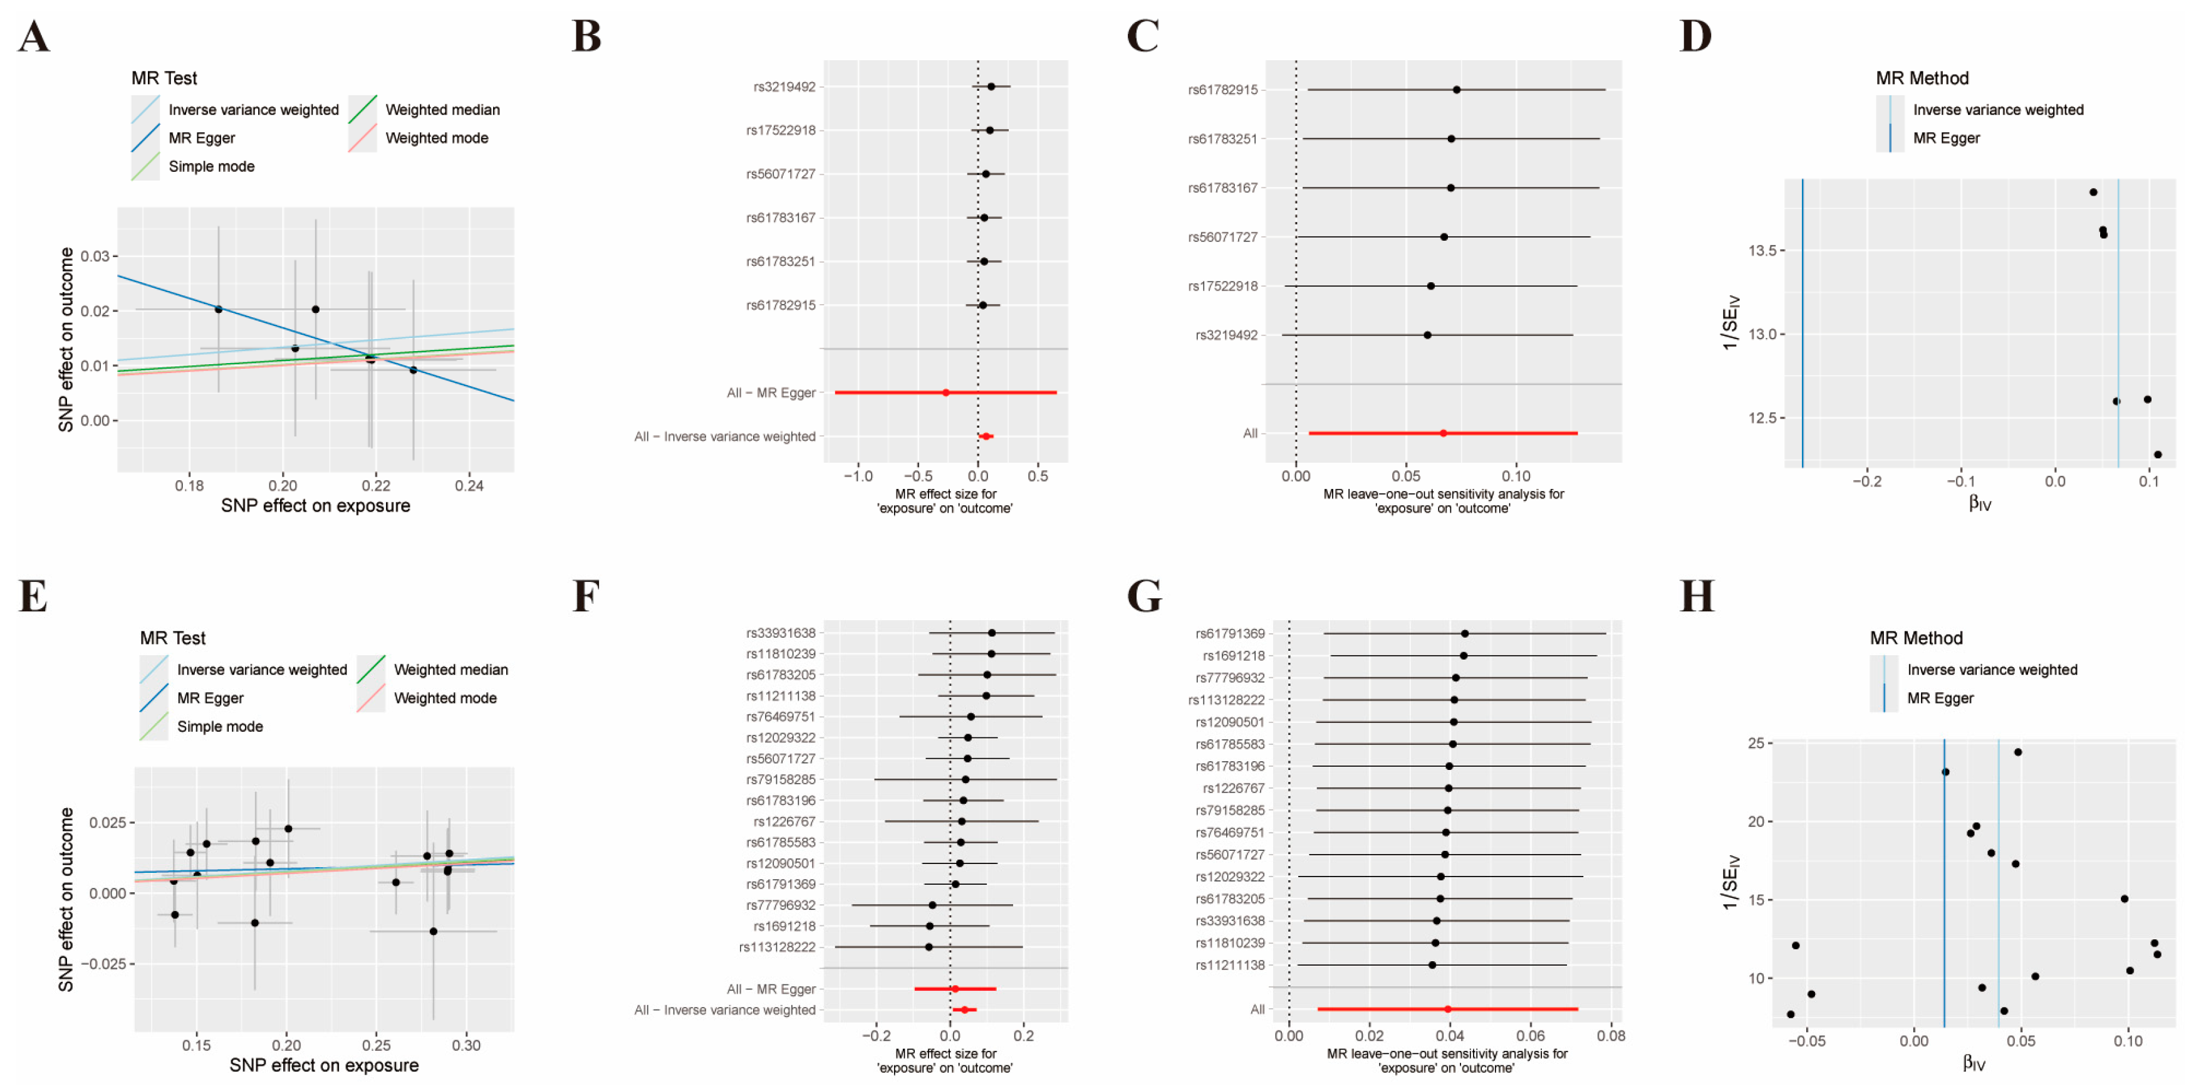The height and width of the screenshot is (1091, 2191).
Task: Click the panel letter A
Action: coord(33,36)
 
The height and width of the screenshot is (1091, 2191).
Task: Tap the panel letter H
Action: coord(1697,596)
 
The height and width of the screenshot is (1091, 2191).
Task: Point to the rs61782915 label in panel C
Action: coord(1222,90)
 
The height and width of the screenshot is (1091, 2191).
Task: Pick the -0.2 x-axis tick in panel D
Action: coord(1867,482)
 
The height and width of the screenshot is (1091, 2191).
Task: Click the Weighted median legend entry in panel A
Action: coord(442,110)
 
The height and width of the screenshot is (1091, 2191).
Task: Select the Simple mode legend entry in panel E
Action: coord(219,726)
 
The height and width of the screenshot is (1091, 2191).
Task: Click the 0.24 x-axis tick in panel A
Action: coord(469,486)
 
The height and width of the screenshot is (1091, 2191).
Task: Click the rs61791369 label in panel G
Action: coord(1230,634)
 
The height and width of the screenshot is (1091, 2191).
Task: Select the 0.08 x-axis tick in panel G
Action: coord(1611,1036)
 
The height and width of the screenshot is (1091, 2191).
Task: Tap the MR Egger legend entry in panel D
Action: coord(1946,138)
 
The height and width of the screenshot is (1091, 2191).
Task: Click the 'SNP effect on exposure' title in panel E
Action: coord(324,1065)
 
